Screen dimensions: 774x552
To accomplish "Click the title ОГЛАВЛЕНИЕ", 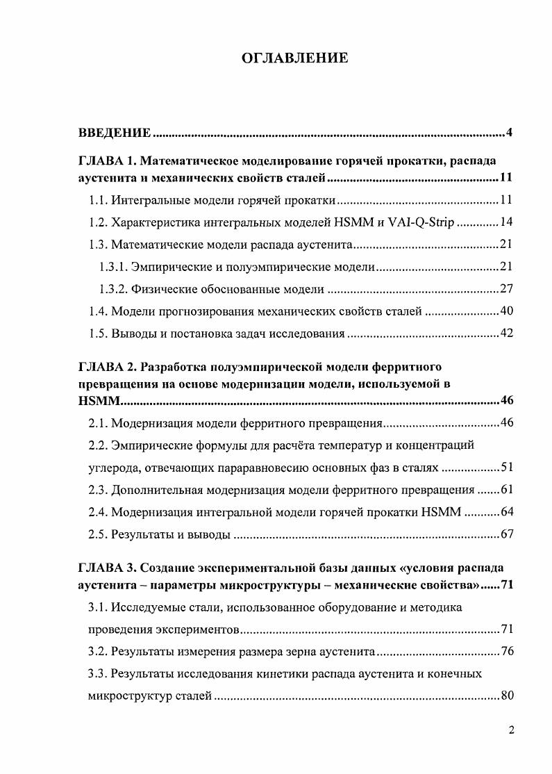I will point(294,58).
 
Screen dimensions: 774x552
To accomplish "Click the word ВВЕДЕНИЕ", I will point(114,132).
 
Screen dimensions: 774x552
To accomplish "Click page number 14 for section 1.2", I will point(505,223).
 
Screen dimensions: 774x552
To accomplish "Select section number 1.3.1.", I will point(114,267).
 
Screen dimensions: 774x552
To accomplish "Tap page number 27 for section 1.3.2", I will point(505,289).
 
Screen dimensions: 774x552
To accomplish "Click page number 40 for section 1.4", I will point(505,311).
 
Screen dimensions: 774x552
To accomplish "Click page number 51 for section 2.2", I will point(505,467).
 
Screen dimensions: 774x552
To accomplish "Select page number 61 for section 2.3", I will point(505,490).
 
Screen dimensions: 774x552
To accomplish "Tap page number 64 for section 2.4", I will point(505,512).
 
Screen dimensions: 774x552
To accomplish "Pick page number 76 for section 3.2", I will point(505,652).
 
